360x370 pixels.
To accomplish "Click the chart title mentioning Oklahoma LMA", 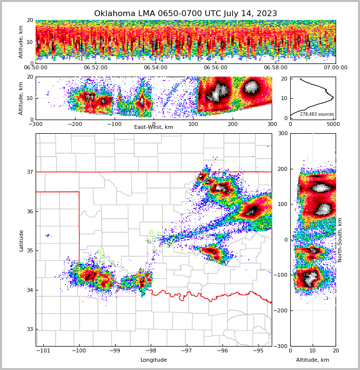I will tap(185, 14).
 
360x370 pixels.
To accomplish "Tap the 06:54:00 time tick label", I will tap(156, 68).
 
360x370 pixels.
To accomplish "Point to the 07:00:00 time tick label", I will tap(335, 68).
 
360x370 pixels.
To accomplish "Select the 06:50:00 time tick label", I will tap(36, 68).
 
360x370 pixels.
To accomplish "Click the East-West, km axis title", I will tap(154, 127).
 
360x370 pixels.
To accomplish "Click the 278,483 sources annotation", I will tap(317, 115).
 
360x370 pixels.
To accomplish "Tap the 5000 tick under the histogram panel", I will tap(333, 124).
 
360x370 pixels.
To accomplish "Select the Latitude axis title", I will tap(21, 240).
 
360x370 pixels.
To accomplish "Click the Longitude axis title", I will tap(154, 360).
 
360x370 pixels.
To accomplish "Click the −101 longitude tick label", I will tap(43, 350).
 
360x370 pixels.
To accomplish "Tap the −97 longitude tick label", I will tap(186, 350).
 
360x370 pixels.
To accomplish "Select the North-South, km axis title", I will tap(340, 240).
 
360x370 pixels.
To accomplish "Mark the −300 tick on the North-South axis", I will tap(282, 346).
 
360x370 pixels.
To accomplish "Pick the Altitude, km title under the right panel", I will tap(313, 360).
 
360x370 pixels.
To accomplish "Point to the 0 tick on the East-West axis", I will tap(154, 124).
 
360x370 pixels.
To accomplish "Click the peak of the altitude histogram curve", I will tap(333, 98).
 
